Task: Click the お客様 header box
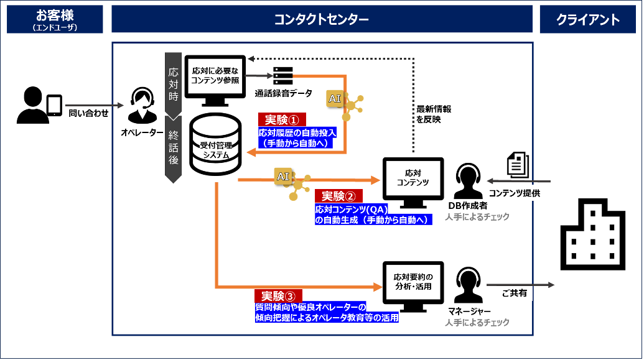pyautogui.click(x=55, y=19)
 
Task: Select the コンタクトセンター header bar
pyautogui.click(x=322, y=19)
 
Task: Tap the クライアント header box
pyautogui.click(x=588, y=19)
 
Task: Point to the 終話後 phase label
pyautogui.click(x=174, y=148)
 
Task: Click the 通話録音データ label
pyautogui.click(x=283, y=94)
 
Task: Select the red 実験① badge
pyautogui.click(x=282, y=119)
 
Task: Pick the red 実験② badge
pyautogui.click(x=338, y=196)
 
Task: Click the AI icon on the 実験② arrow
pyautogui.click(x=283, y=176)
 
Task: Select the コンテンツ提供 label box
pyautogui.click(x=515, y=193)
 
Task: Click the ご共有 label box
pyautogui.click(x=515, y=293)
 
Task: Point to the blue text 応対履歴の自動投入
pyautogui.click(x=297, y=132)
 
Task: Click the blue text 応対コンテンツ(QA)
pyautogui.click(x=352, y=210)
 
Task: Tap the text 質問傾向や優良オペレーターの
pyautogui.click(x=310, y=307)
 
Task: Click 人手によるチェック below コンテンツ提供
pyautogui.click(x=477, y=217)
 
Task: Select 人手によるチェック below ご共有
pyautogui.click(x=477, y=323)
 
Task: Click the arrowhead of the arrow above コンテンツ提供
pyautogui.click(x=490, y=181)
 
